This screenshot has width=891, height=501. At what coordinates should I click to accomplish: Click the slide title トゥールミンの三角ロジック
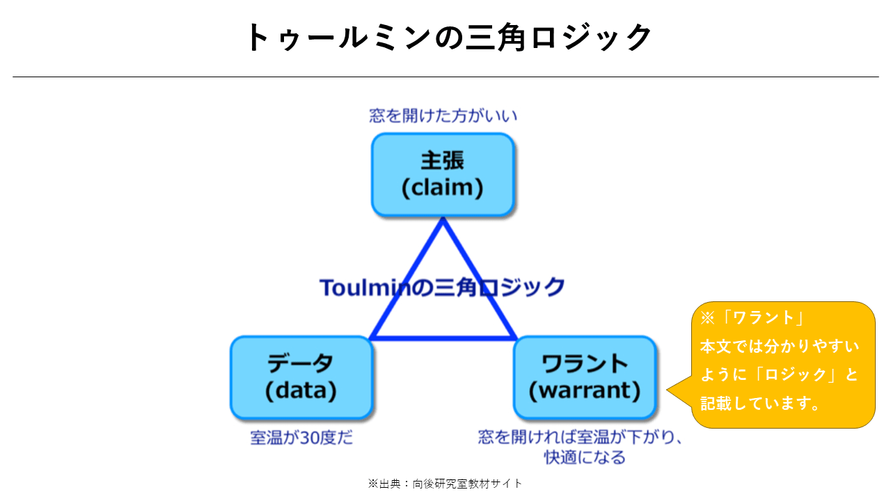coord(449,37)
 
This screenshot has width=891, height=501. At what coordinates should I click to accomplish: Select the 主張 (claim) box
coord(443,175)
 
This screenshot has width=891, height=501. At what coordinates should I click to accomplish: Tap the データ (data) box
coord(301,378)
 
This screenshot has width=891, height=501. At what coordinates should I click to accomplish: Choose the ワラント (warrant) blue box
coord(584,378)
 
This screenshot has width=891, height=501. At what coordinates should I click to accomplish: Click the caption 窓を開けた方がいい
coord(443,116)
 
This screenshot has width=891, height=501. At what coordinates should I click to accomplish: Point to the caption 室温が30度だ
coord(301,438)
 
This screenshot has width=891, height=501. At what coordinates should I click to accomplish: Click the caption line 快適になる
coord(585,457)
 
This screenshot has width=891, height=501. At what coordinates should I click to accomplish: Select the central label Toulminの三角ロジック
coord(442,287)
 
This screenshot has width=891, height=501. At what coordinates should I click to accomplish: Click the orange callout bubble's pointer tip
coord(667,390)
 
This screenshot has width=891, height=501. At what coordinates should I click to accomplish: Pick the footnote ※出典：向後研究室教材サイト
coord(445,484)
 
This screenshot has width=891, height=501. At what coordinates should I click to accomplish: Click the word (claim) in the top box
coord(442,188)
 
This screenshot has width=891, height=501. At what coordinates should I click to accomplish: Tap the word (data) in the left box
coord(301,390)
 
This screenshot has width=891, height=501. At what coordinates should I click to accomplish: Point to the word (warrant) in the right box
coord(584,390)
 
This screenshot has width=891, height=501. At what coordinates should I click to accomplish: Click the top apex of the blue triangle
coord(443,218)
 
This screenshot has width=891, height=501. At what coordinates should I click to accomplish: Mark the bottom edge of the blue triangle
coord(443,338)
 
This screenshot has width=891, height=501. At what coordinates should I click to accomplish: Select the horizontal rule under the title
coord(445,77)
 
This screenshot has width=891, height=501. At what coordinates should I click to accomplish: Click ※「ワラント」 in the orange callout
coord(752,318)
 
